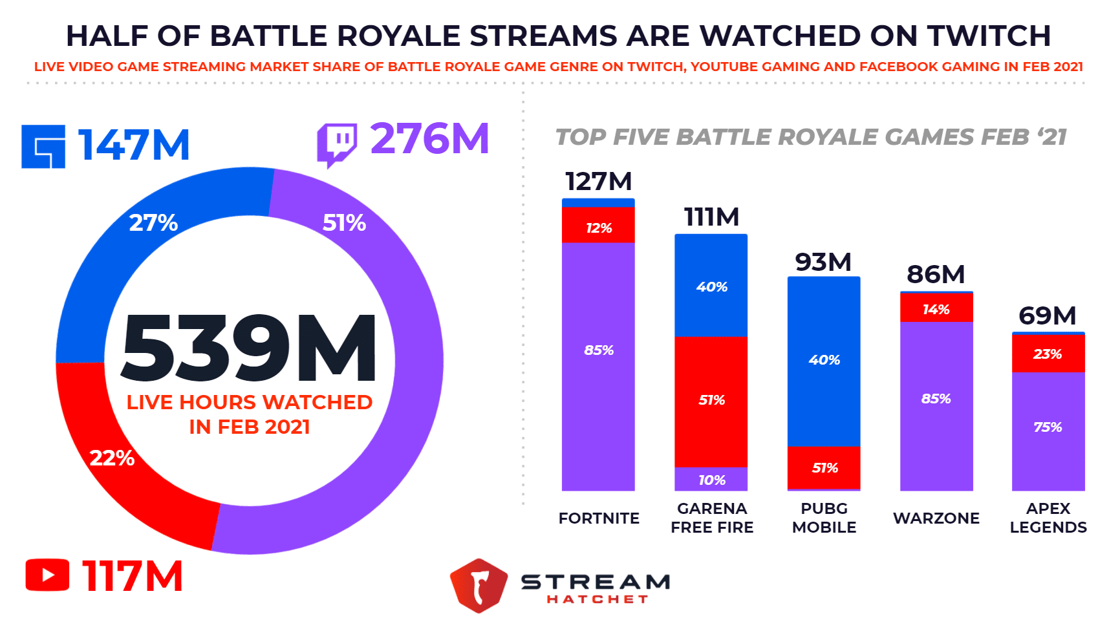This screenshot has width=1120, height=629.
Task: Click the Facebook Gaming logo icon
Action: (43, 147)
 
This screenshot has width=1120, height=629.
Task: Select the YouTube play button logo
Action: (47, 575)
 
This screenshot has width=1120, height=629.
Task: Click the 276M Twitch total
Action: (429, 139)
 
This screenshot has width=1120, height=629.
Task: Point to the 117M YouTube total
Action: (133, 576)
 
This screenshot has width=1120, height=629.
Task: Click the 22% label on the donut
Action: (112, 458)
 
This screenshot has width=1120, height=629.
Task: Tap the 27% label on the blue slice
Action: (153, 223)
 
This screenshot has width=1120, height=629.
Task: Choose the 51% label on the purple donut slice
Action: (344, 223)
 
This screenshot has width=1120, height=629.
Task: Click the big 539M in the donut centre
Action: (249, 348)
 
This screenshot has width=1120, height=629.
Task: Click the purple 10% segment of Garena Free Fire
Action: (711, 479)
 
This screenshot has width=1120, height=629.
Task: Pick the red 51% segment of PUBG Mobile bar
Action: (824, 467)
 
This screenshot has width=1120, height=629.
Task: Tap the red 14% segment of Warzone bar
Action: (936, 308)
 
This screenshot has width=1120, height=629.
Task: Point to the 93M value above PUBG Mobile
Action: (823, 262)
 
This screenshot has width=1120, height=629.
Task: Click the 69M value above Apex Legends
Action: (1047, 315)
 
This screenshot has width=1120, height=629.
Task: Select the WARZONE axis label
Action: (936, 518)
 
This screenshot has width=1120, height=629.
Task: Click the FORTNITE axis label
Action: (599, 518)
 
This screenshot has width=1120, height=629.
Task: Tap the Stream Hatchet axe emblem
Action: (479, 585)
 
